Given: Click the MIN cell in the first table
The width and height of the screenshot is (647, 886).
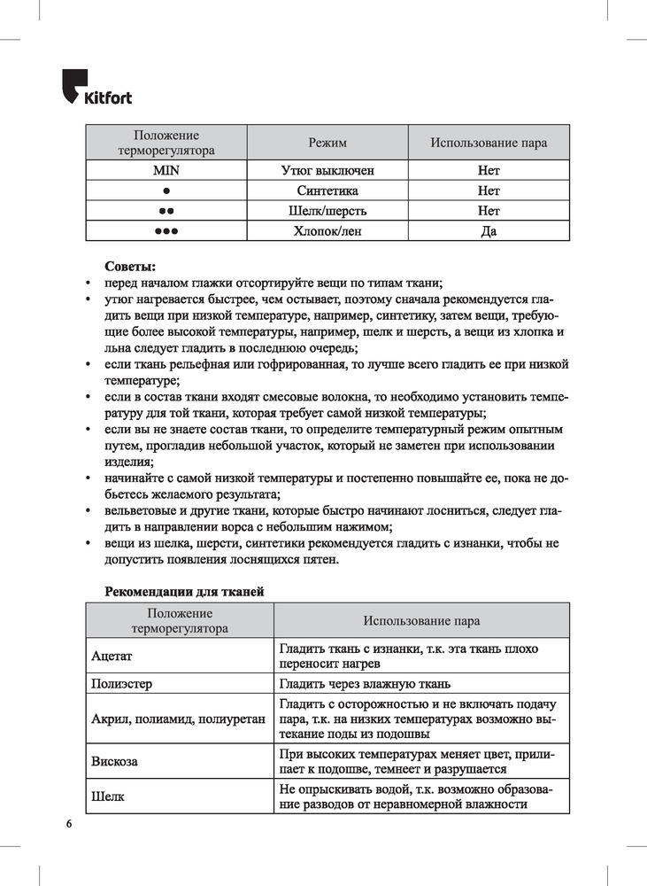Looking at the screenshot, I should coord(166,170).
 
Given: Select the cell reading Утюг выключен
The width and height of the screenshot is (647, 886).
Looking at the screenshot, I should coord(327,170).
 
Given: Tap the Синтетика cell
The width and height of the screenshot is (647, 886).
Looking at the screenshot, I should coord(327,190).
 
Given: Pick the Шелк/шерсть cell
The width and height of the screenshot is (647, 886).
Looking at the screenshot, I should coord(327,211).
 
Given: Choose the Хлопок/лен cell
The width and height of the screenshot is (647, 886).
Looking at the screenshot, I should coord(327,231).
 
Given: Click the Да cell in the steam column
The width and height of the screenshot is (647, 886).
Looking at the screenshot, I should coord(489,231).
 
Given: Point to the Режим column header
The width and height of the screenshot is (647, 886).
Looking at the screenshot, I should coord(327,143).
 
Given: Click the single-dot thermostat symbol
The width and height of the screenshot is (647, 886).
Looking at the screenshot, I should coord(166,190).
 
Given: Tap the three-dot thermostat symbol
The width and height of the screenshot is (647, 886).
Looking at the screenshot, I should coord(166,231).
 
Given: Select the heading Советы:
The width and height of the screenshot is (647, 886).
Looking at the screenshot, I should coord(129,265).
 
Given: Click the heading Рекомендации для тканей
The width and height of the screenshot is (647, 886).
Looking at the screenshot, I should coord(184,591).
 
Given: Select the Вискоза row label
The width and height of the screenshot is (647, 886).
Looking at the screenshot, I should coord(114,761).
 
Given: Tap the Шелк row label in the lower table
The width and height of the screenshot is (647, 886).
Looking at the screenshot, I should coord(107,797).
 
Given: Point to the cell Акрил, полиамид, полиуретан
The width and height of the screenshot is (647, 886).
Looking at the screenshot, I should coord(178,719).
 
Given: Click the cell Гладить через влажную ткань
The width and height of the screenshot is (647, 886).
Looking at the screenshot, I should coord(364,684).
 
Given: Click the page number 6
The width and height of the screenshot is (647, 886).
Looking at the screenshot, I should coord(68,824).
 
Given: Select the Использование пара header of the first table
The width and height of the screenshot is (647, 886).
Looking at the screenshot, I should coord(489,143).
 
